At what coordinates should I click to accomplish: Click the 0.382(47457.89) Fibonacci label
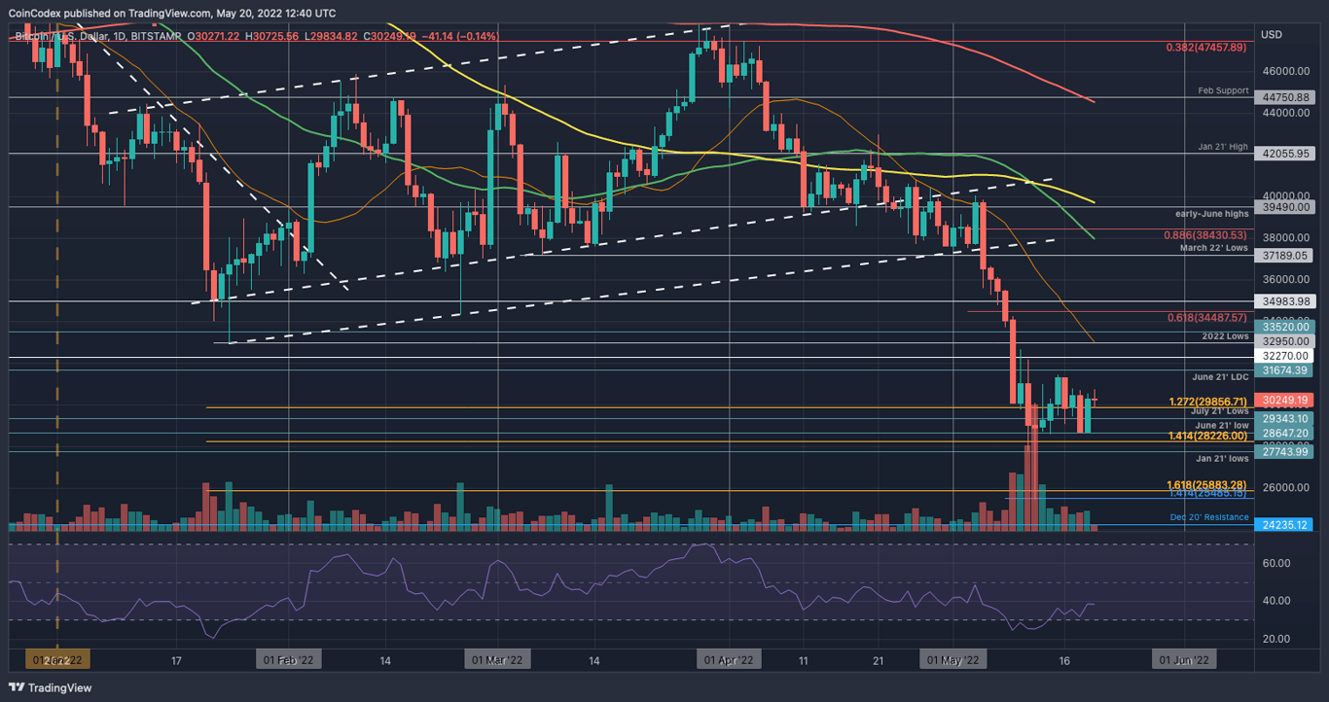tap(1205, 47)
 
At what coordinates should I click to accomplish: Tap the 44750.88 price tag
tap(1285, 97)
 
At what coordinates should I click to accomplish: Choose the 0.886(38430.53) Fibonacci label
tap(1205, 235)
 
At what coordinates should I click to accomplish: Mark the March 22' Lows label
tap(1215, 248)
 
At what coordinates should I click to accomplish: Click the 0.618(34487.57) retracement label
tap(1205, 318)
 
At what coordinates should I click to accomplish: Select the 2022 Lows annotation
tap(1224, 335)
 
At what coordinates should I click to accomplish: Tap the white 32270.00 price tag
tap(1285, 357)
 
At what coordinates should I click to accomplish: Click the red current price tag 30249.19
tap(1285, 400)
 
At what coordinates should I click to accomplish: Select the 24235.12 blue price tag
tap(1285, 525)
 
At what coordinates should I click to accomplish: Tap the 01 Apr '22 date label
tap(728, 660)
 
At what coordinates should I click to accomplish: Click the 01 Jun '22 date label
tap(1184, 660)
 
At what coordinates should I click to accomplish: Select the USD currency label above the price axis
tap(1271, 35)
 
